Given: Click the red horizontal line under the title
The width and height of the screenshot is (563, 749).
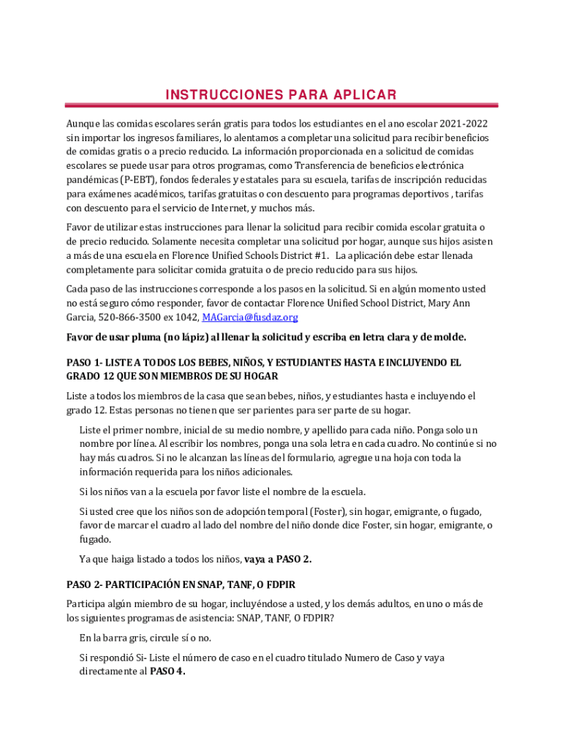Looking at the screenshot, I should (281, 105).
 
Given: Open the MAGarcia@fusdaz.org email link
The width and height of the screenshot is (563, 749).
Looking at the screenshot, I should (250, 317).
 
